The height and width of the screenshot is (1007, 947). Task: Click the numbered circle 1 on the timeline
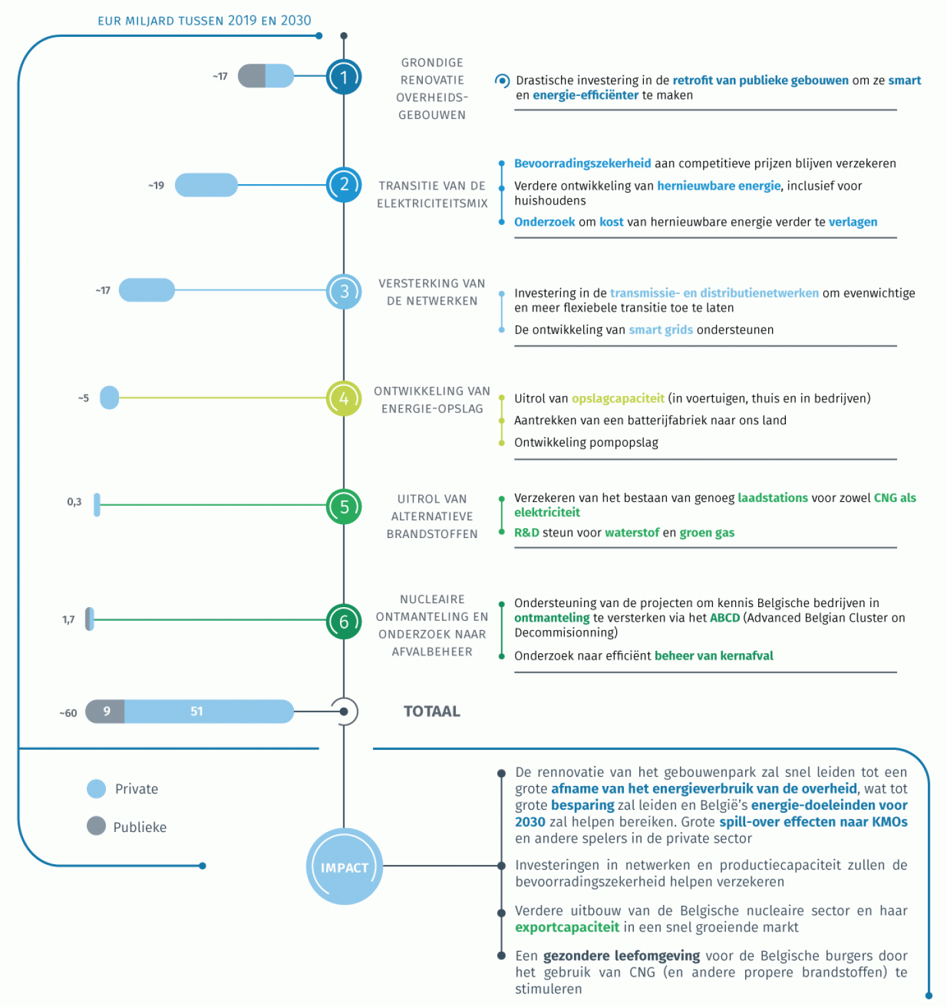click(344, 76)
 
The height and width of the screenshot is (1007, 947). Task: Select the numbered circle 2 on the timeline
click(344, 184)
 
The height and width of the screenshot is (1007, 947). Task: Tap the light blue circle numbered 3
click(344, 291)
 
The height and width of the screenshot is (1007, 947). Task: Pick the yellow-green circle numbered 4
click(344, 398)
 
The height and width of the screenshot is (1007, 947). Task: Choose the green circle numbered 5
click(344, 506)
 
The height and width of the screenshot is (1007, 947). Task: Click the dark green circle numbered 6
click(344, 621)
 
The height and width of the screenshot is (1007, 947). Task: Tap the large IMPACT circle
click(344, 866)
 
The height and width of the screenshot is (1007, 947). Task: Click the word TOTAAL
click(432, 711)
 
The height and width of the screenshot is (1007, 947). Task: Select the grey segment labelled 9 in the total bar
click(105, 711)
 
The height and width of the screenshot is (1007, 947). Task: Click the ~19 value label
click(157, 185)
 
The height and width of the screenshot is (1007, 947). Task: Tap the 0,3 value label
click(74, 502)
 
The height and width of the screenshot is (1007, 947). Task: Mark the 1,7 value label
click(69, 620)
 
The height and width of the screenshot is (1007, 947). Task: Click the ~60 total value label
click(68, 713)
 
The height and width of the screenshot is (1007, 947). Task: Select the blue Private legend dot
click(97, 789)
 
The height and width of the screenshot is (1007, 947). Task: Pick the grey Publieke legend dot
click(97, 825)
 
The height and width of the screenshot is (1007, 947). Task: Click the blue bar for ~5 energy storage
click(109, 398)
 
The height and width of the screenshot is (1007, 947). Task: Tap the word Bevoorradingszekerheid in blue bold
click(583, 163)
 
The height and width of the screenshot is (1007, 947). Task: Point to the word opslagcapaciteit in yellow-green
click(618, 398)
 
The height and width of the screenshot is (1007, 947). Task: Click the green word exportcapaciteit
click(567, 927)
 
